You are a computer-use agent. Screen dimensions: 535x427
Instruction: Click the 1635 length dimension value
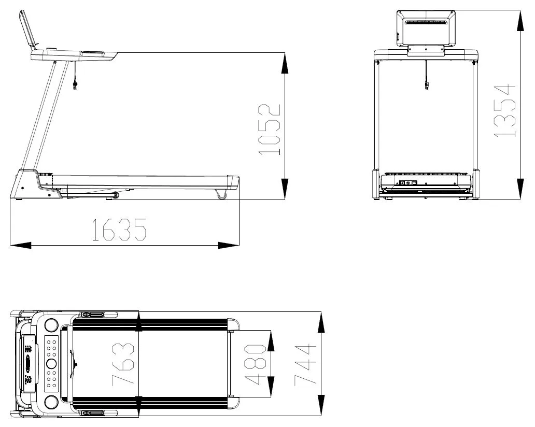pyautogui.click(x=119, y=230)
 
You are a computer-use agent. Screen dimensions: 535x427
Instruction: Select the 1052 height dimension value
pyautogui.click(x=270, y=130)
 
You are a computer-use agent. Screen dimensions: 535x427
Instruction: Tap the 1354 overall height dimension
pyautogui.click(x=505, y=111)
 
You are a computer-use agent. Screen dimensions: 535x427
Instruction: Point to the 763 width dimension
pyautogui.click(x=123, y=364)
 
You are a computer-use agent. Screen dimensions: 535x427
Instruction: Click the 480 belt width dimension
pyautogui.click(x=255, y=364)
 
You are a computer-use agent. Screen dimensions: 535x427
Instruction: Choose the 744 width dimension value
pyautogui.click(x=305, y=365)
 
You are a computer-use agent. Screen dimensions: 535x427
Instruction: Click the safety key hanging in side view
pyautogui.click(x=75, y=86)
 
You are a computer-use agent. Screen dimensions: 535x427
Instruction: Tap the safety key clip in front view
pyautogui.click(x=426, y=84)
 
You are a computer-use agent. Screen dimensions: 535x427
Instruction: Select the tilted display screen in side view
pyautogui.click(x=27, y=29)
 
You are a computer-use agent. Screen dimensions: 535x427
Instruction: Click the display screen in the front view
pyautogui.click(x=426, y=28)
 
